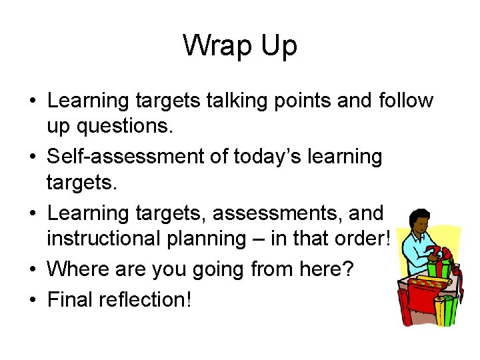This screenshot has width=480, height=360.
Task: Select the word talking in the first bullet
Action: pyautogui.click(x=226, y=101)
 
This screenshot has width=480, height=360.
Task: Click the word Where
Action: pyautogui.click(x=79, y=269)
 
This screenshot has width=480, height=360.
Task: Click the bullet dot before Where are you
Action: pyautogui.click(x=32, y=269)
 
